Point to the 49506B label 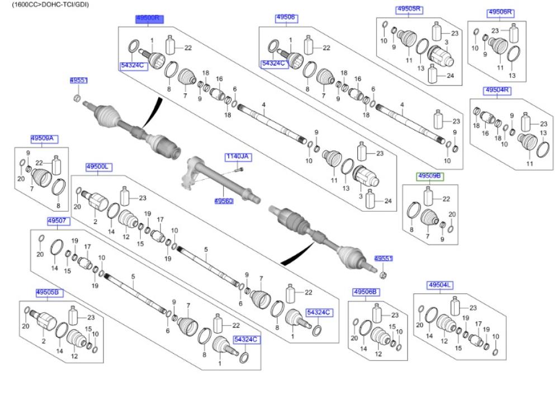[x=366, y=292]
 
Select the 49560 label [x=224, y=200]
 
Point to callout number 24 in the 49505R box [x=451, y=76]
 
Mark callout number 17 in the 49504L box [x=478, y=324]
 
